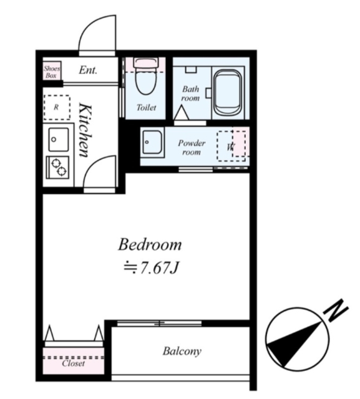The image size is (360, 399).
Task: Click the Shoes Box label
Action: (x=52, y=72)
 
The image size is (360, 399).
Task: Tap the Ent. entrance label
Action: (x=88, y=70)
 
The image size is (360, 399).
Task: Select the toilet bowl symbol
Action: (x=146, y=76)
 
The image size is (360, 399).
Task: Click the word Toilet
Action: (x=146, y=107)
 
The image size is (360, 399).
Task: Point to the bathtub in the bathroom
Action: (x=227, y=92)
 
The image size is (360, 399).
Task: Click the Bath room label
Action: (x=190, y=94)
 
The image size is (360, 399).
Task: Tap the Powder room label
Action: (x=192, y=147)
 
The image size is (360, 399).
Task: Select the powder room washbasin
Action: (x=152, y=142)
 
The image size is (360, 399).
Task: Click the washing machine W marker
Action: (x=231, y=147)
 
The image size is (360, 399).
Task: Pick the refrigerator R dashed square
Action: (x=57, y=107)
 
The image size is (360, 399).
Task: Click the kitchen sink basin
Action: (x=59, y=140)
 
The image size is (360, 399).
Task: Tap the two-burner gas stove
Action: (x=57, y=167)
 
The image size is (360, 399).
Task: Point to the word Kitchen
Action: (x=85, y=130)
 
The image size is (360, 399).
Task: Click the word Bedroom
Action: (x=150, y=244)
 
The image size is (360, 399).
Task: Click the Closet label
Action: (x=74, y=363)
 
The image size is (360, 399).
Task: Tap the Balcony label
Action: (x=182, y=352)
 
